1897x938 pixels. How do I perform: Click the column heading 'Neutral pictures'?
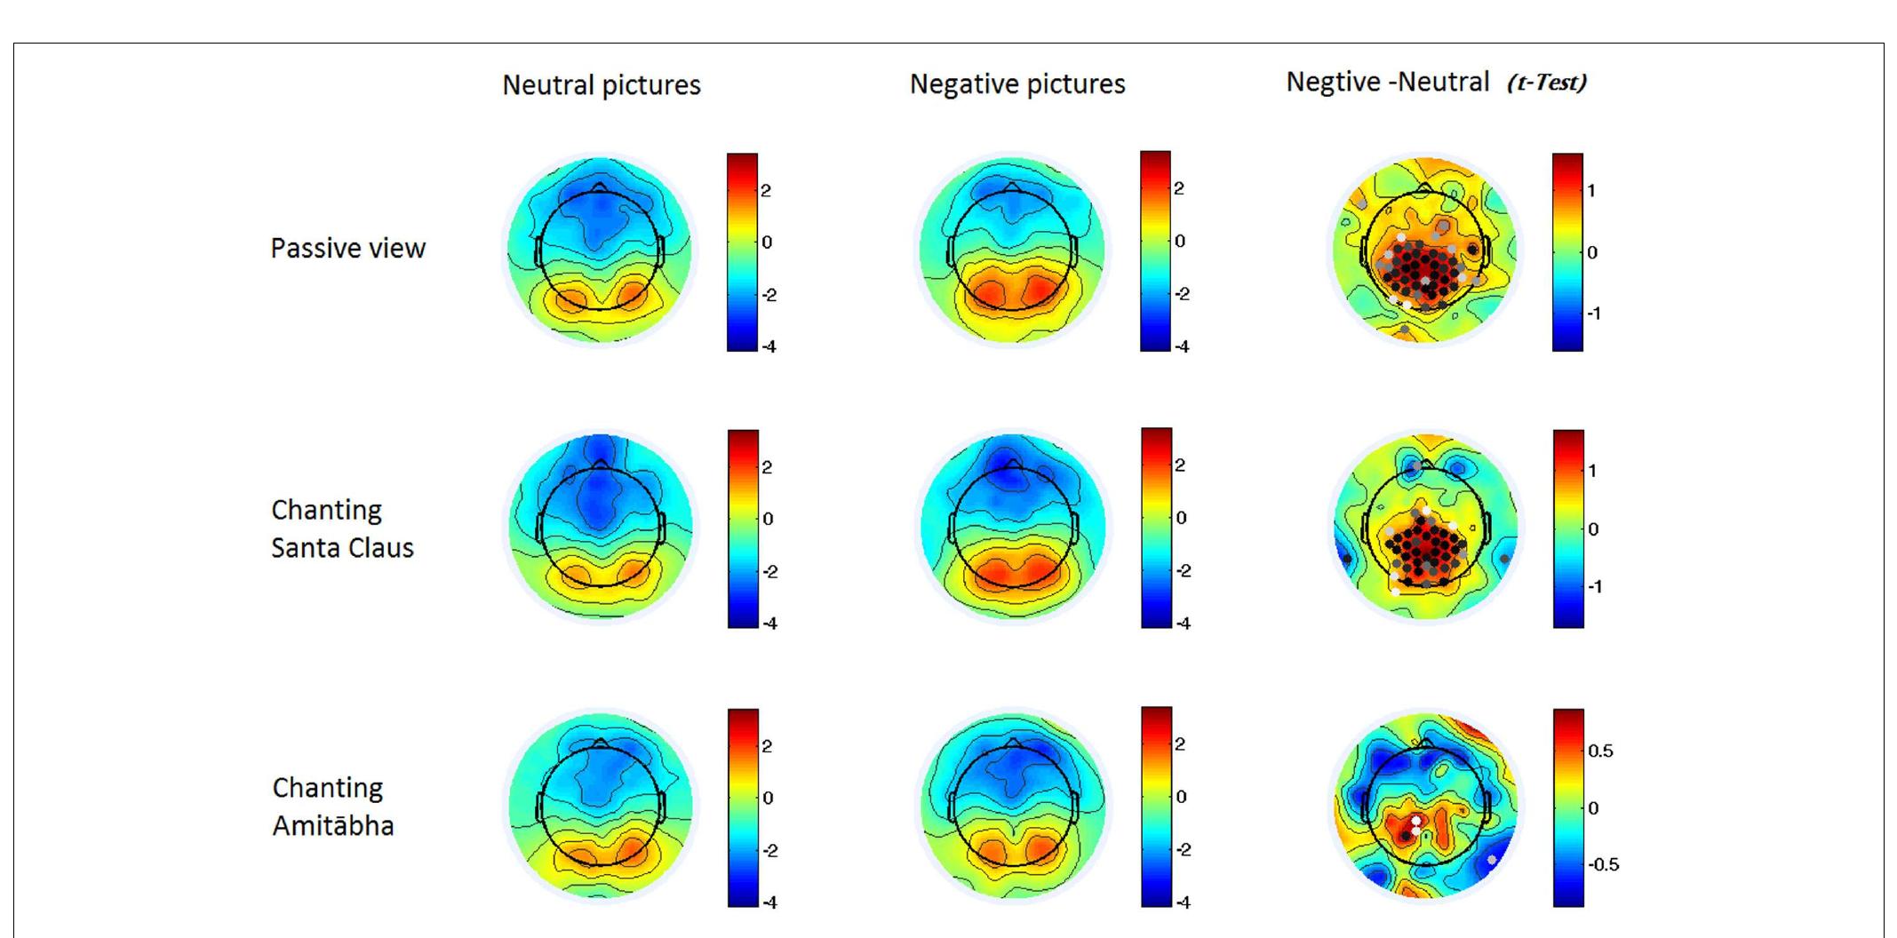(x=601, y=85)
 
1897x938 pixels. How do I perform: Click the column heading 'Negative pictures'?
(x=1016, y=84)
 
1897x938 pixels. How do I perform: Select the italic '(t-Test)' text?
(x=1547, y=83)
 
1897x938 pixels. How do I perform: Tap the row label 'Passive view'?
(x=347, y=248)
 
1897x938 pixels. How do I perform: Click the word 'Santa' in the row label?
(x=307, y=548)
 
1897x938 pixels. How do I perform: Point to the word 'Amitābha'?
(x=332, y=826)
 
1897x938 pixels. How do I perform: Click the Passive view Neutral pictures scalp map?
(x=600, y=250)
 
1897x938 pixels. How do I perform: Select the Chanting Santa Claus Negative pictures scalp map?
(x=1013, y=527)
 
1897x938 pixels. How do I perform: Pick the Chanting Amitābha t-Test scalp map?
(x=1424, y=807)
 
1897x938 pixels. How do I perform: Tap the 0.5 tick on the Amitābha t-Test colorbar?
(x=1600, y=751)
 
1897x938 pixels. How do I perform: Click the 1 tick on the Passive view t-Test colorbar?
(x=1592, y=190)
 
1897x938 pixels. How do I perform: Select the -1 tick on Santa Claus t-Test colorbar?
(x=1594, y=587)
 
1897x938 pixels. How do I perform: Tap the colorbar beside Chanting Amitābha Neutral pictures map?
(x=743, y=807)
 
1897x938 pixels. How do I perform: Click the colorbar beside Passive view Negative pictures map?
(x=1155, y=250)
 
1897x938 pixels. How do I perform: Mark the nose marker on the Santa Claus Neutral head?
(x=601, y=465)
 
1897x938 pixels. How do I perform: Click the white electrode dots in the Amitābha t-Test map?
(x=1416, y=824)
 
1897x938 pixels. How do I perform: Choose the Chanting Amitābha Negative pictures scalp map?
(x=1013, y=805)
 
